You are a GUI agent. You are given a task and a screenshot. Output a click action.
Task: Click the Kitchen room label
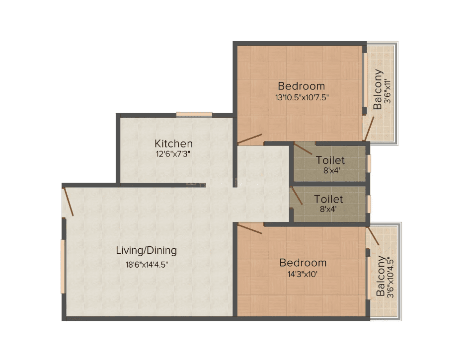click(174, 144)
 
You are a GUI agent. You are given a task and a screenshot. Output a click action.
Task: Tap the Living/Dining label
click(147, 251)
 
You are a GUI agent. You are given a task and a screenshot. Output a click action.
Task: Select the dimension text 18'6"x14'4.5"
click(147, 265)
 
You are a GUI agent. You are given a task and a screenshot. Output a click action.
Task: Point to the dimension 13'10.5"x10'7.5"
click(302, 97)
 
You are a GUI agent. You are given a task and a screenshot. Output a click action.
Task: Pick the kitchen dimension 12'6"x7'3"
click(173, 154)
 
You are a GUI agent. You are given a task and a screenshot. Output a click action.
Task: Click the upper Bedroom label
click(302, 86)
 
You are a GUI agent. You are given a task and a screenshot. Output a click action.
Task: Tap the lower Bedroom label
click(303, 263)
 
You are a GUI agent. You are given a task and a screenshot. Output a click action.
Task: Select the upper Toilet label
click(330, 160)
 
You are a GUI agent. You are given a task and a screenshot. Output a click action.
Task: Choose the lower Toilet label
click(328, 199)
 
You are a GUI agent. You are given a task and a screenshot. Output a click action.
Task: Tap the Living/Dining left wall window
click(63, 267)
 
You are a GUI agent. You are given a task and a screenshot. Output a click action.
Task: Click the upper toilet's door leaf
click(303, 148)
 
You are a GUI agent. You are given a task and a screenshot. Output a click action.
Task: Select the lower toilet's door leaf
click(296, 195)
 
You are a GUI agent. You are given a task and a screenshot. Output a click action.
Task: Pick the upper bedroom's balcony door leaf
click(370, 129)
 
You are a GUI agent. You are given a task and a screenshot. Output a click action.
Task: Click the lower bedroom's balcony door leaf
click(373, 236)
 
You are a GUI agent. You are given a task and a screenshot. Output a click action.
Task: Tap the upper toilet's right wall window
click(369, 163)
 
